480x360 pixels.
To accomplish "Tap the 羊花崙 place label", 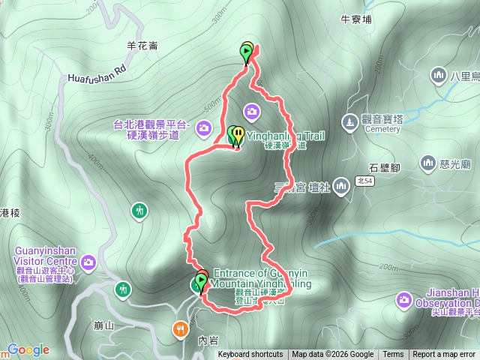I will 142,45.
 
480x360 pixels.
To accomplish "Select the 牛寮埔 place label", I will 356,20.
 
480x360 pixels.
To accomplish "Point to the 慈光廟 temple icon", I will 428,162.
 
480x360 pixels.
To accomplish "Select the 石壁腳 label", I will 387,168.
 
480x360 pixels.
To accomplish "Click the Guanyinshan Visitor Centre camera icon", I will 89,262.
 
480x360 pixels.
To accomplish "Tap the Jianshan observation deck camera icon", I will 403,301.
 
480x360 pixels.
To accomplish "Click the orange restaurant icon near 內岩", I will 181,328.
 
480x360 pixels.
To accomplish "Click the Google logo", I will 28,349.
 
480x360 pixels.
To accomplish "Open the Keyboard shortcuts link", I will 250,355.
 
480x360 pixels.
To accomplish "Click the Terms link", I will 393,355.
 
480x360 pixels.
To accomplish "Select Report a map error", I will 444,355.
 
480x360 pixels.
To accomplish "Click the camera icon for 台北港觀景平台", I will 203,130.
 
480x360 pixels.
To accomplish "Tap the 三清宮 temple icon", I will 341,184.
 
